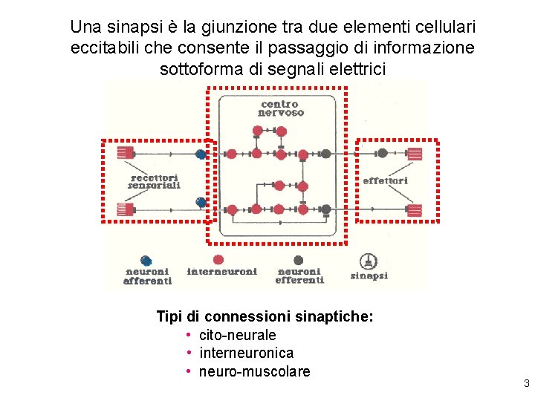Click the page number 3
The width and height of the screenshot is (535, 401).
tap(526, 384)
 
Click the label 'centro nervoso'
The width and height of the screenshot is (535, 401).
tap(281, 108)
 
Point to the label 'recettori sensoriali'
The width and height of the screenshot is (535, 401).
tap(154, 181)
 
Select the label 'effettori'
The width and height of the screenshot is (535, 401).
tap(385, 180)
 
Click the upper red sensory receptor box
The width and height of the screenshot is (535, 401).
tap(125, 154)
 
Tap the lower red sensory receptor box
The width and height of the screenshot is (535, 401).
tap(125, 209)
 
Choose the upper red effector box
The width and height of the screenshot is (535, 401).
tap(415, 154)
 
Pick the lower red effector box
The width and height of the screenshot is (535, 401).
tap(415, 209)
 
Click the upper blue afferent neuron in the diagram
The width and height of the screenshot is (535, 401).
tap(201, 154)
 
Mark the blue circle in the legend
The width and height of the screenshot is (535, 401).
tap(146, 261)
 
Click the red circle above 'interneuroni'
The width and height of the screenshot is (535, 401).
tap(218, 260)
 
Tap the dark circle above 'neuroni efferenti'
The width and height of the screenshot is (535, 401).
tap(298, 260)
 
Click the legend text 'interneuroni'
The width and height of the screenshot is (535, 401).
tap(222, 272)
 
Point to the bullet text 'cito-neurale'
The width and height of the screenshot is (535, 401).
tap(237, 336)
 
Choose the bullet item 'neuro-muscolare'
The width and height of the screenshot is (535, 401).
tap(254, 371)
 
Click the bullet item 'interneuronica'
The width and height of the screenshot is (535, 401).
tap(246, 353)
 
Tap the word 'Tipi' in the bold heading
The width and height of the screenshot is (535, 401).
tap(169, 317)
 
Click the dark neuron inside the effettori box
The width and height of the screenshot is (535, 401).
tap(382, 154)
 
